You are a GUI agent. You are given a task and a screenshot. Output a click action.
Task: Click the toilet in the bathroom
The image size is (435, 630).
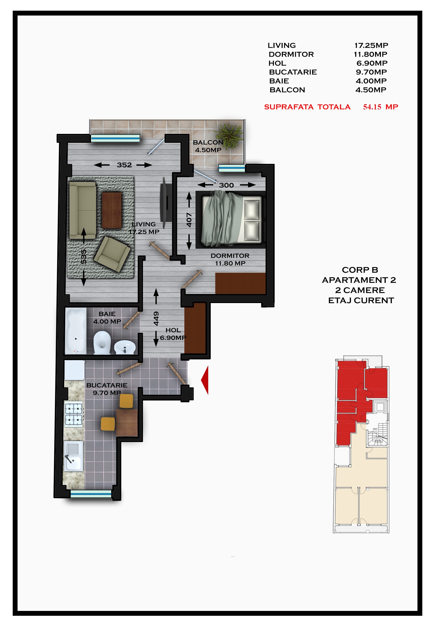(x=102, y=343)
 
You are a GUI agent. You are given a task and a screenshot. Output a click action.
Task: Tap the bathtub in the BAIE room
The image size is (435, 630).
(x=76, y=331)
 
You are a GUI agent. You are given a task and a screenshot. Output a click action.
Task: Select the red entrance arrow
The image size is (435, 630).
(x=205, y=380)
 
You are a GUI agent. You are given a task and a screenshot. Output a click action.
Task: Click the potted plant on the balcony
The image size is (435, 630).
(x=229, y=136)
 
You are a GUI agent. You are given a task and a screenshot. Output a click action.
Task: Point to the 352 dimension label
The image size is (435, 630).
(x=124, y=165)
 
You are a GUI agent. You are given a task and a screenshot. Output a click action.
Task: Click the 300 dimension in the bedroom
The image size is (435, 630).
(x=227, y=185)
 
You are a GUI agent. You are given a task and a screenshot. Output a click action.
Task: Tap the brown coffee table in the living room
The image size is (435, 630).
(x=112, y=210)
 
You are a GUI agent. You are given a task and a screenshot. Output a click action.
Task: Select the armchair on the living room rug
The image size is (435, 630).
(x=112, y=254)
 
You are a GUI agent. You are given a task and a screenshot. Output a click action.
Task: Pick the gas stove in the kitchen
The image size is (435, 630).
(x=74, y=414)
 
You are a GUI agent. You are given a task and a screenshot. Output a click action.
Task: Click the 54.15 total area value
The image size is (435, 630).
(x=372, y=107)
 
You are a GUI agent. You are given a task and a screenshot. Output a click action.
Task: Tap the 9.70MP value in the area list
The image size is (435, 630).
(x=371, y=72)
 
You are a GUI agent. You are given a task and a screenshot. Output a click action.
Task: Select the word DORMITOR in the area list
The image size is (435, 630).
(x=291, y=54)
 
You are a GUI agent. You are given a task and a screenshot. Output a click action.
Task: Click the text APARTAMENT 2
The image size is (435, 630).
(x=359, y=280)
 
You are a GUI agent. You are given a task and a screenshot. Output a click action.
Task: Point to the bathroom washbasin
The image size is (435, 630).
(x=125, y=347)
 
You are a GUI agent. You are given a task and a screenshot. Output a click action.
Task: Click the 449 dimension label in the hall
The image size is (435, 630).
(x=156, y=318)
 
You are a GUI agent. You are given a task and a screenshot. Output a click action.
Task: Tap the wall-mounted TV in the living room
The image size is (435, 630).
(x=166, y=202)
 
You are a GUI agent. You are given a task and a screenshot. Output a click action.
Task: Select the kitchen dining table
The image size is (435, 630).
(x=127, y=422)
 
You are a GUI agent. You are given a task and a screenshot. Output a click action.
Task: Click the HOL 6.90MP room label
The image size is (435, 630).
(x=173, y=334)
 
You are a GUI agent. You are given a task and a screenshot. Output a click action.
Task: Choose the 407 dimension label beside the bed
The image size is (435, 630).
(x=189, y=220)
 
